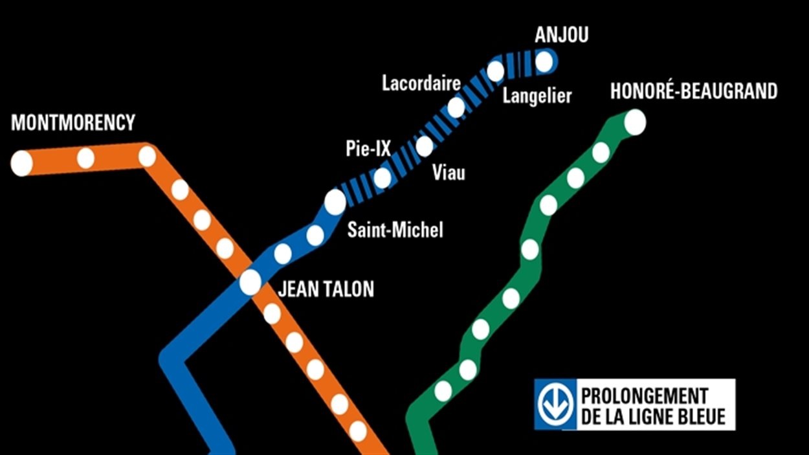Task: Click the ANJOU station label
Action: tap(562, 35)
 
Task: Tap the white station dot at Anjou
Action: tap(544, 62)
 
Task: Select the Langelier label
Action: tap(537, 96)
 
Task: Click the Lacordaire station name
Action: tap(421, 83)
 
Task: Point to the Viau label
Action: tap(449, 173)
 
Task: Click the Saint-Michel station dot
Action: tap(335, 202)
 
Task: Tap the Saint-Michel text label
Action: tap(395, 230)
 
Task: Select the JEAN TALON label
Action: tap(326, 289)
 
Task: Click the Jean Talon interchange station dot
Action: tap(250, 282)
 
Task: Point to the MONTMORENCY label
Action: tap(73, 122)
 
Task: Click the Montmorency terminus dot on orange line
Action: tap(21, 163)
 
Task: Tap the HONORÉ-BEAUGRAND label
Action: tap(694, 92)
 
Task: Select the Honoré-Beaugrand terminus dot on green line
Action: tap(635, 122)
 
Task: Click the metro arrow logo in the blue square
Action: tap(553, 405)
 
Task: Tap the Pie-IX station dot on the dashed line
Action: tap(382, 177)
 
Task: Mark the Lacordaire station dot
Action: tap(456, 107)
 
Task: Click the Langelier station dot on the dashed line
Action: tap(495, 71)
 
